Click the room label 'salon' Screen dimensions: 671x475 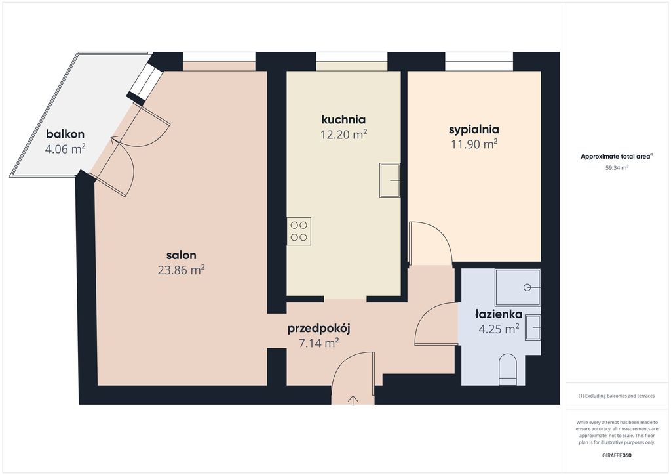[182, 255]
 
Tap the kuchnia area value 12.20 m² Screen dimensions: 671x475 [343, 134]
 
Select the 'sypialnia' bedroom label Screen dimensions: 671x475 [474, 129]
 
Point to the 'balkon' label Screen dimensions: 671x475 [65, 134]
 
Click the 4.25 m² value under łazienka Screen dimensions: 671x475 [499, 329]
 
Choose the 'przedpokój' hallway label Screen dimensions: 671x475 [319, 329]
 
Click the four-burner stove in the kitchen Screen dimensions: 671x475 [299, 232]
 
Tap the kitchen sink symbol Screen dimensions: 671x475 [390, 180]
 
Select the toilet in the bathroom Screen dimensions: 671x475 [508, 369]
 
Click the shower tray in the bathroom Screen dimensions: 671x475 [518, 287]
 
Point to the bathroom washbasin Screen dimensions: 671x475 [533, 327]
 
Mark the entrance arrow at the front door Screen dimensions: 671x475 [353, 400]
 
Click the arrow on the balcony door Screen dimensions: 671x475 [116, 140]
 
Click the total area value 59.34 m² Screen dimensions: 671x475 [617, 168]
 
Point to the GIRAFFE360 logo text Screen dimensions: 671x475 [617, 455]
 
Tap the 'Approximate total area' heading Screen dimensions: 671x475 [615, 157]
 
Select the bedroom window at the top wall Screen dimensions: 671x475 [479, 61]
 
